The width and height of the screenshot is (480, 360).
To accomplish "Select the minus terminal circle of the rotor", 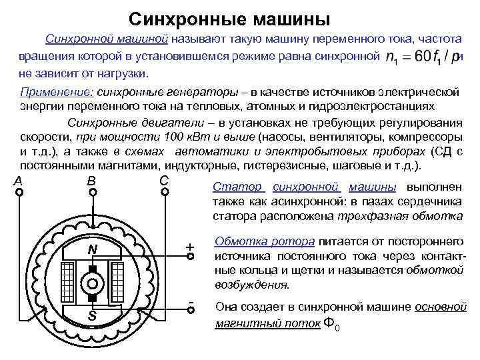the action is (191, 311).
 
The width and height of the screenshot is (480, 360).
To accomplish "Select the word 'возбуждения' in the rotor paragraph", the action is (251, 285).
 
